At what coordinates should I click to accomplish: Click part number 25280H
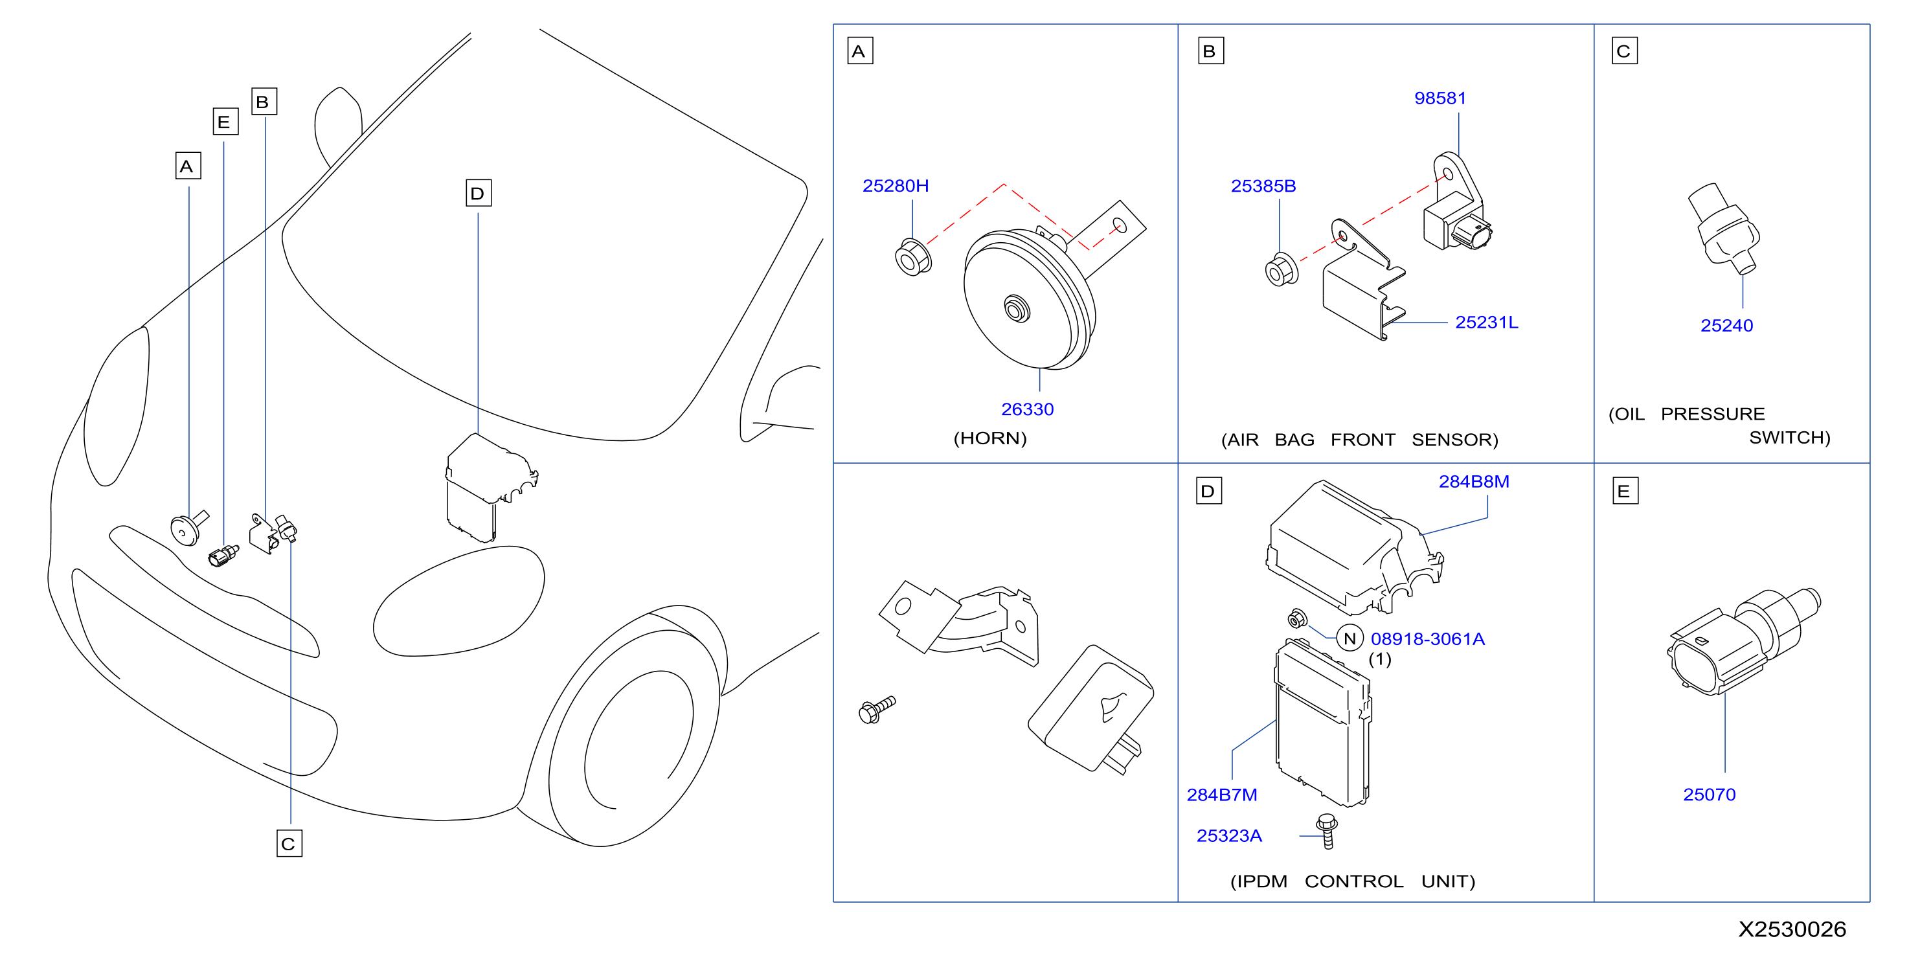(895, 186)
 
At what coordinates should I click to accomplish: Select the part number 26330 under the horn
(1027, 409)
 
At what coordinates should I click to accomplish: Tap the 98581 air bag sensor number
(1440, 98)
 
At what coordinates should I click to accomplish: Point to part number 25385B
(1263, 186)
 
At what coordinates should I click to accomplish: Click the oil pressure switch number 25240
(1726, 325)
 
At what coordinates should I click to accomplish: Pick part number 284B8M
(1474, 482)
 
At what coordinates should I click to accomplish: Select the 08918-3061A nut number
(1427, 639)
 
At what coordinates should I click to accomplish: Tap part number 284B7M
(1222, 795)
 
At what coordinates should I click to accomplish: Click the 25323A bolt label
(1229, 836)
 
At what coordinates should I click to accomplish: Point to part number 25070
(1709, 795)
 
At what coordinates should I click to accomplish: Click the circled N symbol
(1350, 638)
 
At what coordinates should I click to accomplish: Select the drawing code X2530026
(1792, 929)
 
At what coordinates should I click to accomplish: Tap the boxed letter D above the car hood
(479, 193)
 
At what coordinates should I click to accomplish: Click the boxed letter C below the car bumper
(289, 843)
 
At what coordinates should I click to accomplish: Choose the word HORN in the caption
(990, 438)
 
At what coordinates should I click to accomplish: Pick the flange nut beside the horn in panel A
(913, 257)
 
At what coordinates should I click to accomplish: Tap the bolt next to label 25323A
(1327, 831)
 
